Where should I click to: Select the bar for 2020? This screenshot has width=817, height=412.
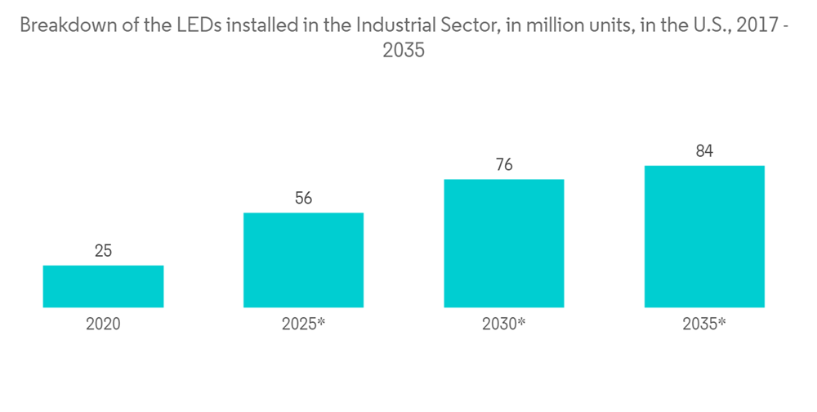[x=103, y=286]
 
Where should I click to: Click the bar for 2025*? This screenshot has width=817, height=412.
[x=303, y=260]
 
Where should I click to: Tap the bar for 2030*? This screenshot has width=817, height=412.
[x=504, y=243]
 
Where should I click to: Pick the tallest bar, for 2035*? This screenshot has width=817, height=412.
[x=704, y=236]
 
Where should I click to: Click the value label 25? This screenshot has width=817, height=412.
[x=103, y=252]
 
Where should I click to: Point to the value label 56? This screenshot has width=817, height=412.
[x=303, y=199]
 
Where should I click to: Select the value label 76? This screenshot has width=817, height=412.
[x=504, y=165]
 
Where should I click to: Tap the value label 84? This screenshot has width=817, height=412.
[x=704, y=151]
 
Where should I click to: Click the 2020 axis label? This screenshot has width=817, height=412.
[x=103, y=324]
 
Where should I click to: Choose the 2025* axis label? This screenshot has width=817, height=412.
[x=303, y=324]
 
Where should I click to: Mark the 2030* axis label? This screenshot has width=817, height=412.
[x=504, y=324]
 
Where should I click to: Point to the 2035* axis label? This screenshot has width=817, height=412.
[x=704, y=324]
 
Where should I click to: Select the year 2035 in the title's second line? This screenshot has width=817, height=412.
[x=404, y=51]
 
